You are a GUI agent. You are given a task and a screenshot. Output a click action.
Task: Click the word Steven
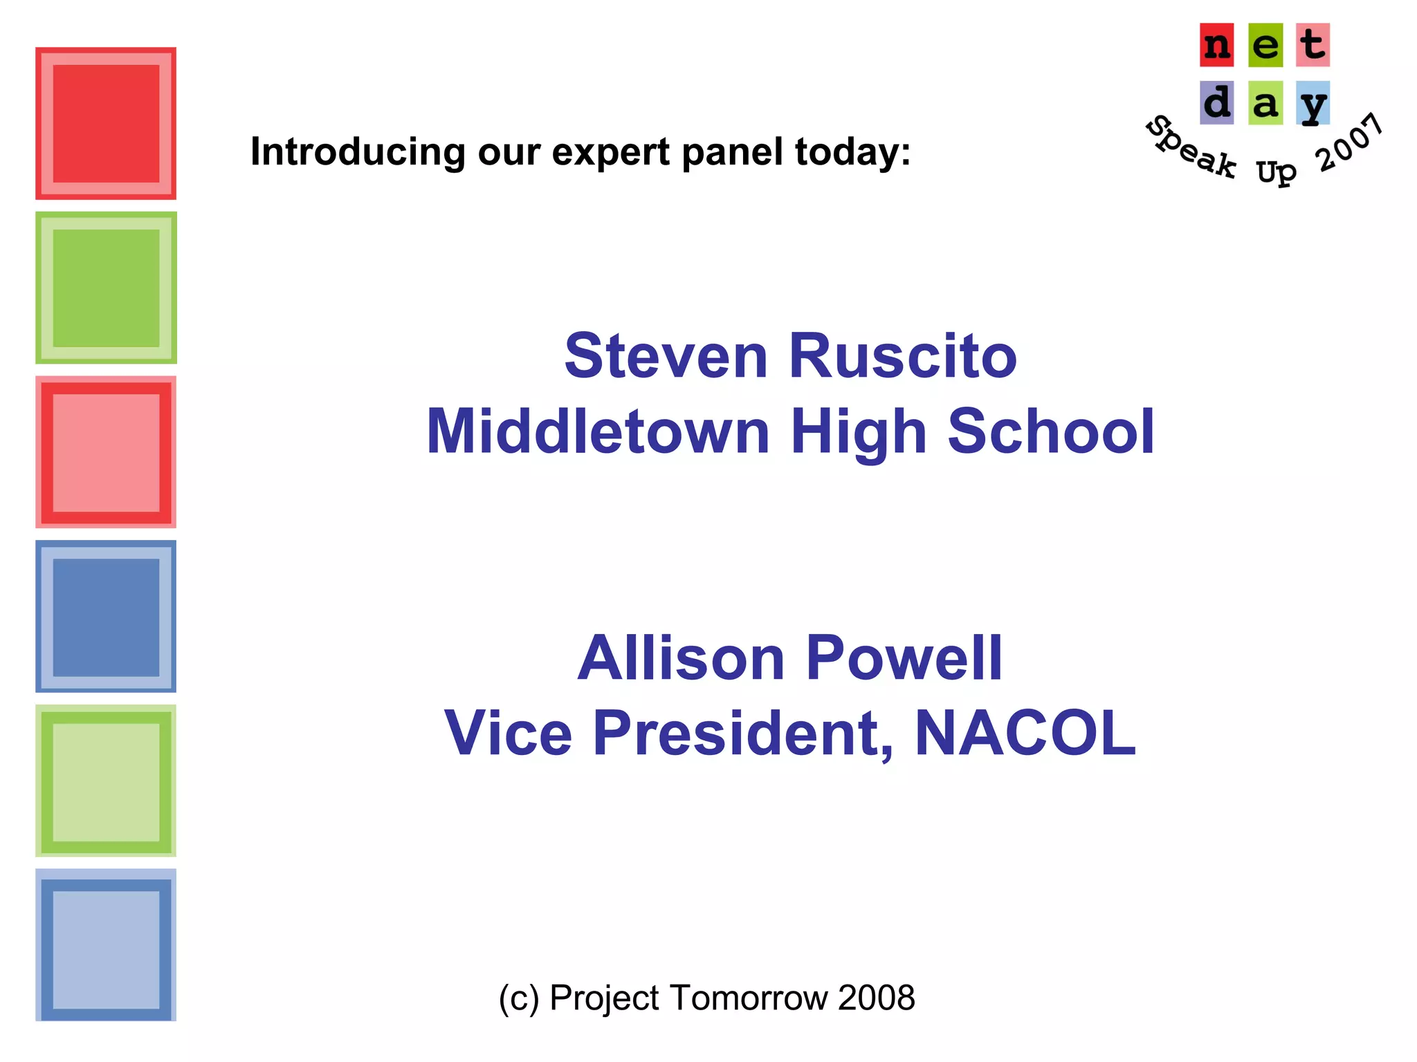pos(666,357)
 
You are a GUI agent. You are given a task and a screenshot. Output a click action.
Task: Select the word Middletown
pos(598,432)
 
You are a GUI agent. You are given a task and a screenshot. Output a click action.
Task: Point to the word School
pos(1050,432)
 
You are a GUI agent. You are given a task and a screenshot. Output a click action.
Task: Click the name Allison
pos(681,658)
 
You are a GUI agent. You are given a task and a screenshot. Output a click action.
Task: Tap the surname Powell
pos(904,658)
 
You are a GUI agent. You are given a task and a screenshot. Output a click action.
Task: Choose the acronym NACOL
pos(1025,733)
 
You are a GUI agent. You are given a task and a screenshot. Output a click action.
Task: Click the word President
pos(742,733)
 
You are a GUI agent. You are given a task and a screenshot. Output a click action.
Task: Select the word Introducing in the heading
pos(358,152)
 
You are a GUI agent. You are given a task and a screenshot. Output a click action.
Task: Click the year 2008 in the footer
pos(876,998)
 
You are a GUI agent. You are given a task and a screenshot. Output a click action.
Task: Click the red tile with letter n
pos(1216,46)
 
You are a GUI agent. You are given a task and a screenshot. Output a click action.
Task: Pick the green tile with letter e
pos(1265,46)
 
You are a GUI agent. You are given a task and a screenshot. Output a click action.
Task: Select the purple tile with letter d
pos(1216,103)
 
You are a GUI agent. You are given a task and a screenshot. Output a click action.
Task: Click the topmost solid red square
pos(106,124)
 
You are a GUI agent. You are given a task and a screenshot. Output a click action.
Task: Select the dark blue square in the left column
pos(106,617)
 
